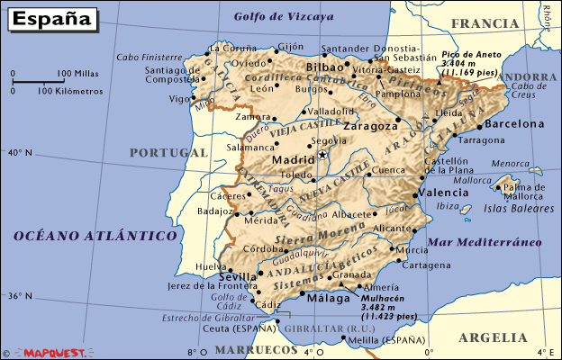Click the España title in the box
(50, 17)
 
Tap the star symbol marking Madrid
(322, 156)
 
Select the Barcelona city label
(514, 124)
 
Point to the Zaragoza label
(368, 127)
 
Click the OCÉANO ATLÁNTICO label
(95, 235)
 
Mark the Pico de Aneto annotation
(469, 63)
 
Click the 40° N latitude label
(20, 152)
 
